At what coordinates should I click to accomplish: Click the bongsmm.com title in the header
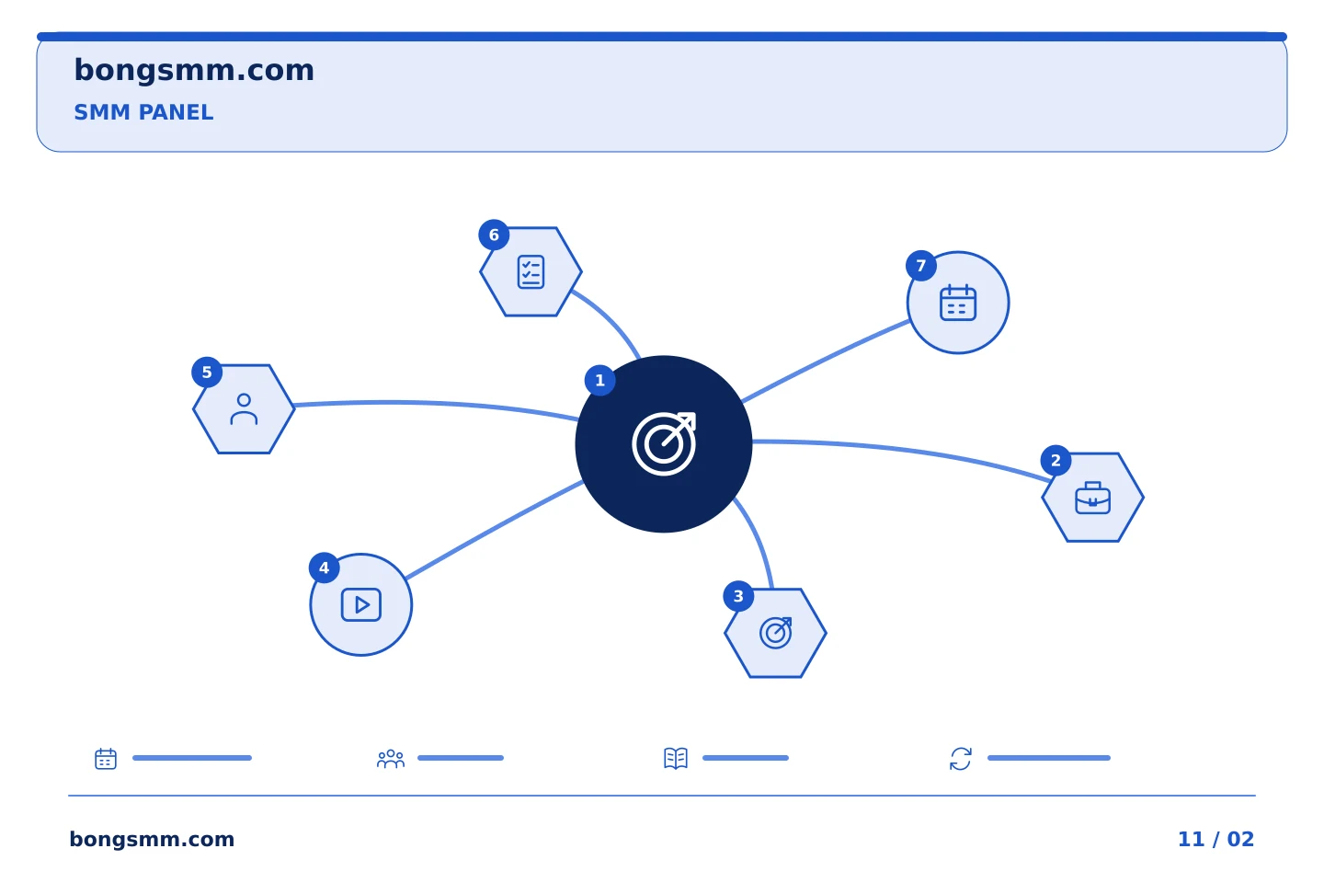pos(194,71)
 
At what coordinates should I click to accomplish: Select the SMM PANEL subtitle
pos(143,112)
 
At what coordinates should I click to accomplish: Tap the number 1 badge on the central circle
pos(599,380)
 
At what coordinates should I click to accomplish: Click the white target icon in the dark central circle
pos(664,443)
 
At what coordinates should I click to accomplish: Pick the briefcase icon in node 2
pos(1092,498)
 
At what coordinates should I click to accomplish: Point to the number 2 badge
pos(1056,460)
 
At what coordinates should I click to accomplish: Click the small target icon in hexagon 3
pos(775,633)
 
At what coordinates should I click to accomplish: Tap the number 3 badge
pos(738,596)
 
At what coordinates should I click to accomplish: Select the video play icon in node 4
pos(361,604)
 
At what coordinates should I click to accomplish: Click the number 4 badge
pos(324,568)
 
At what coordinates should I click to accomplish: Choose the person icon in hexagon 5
pos(244,409)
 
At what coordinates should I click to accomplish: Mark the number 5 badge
pos(207,372)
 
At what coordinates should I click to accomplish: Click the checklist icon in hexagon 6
pos(531,272)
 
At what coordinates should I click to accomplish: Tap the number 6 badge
pos(494,235)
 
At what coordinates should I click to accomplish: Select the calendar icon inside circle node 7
pos(958,303)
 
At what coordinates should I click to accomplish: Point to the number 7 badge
pos(921,266)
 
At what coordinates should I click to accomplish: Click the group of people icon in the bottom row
pos(391,759)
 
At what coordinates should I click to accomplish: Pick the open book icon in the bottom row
pos(676,758)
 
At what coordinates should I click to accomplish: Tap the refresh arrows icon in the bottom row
pos(961,759)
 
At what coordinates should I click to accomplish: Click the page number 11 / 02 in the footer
pos(1216,839)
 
